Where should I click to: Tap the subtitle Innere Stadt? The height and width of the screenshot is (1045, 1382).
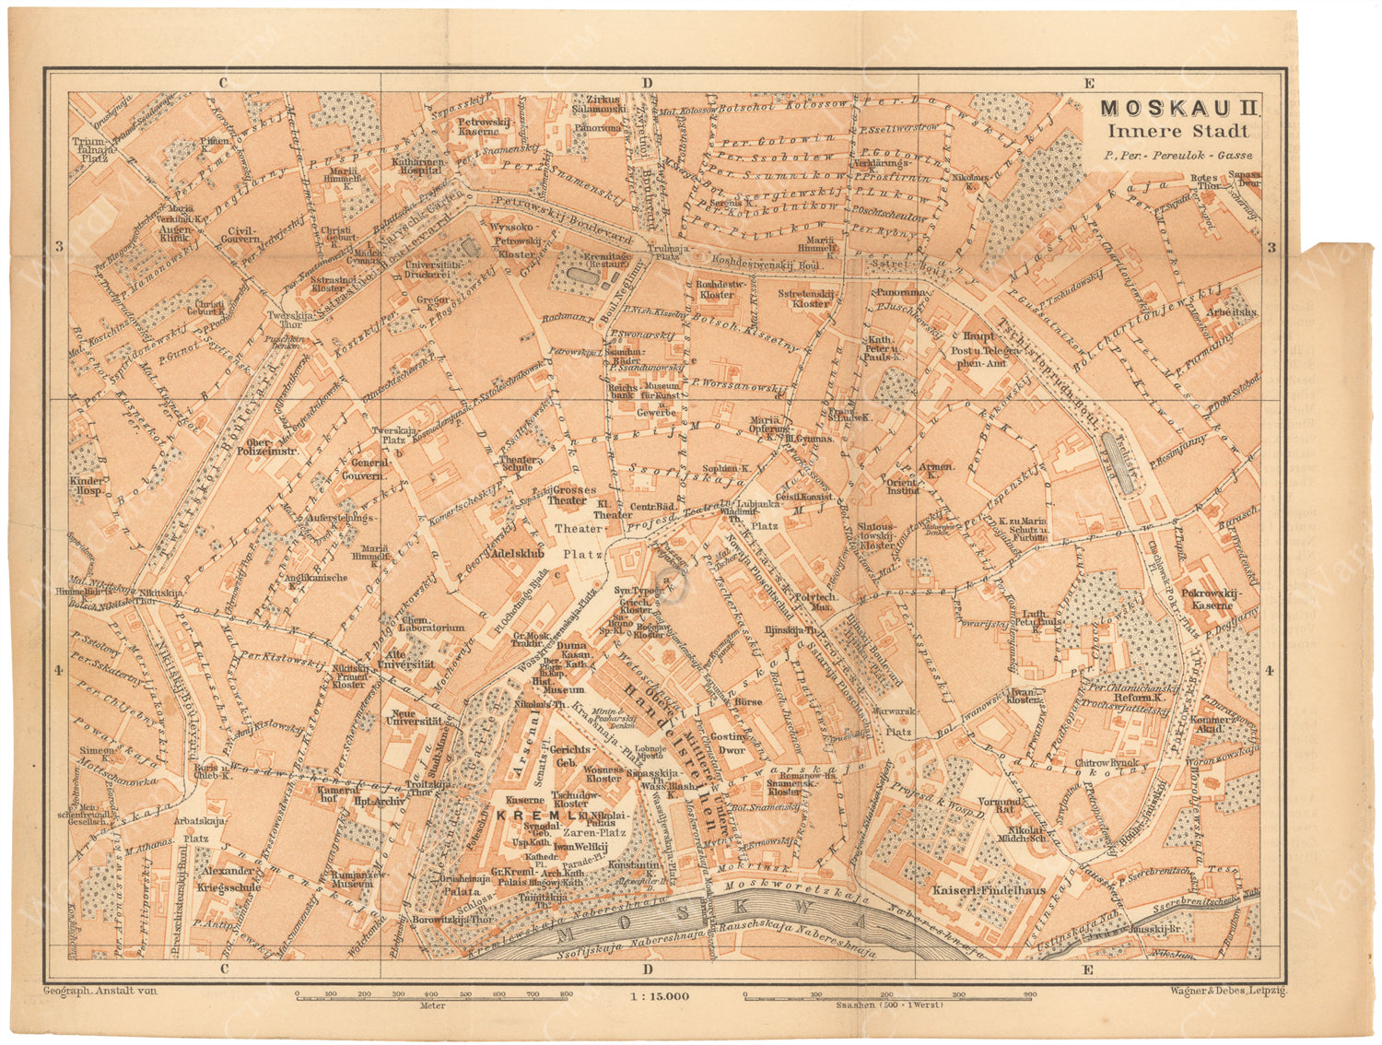point(1177,132)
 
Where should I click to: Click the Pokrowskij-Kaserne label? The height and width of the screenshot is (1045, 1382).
point(1207,600)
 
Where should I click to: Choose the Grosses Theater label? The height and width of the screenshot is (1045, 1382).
point(574,495)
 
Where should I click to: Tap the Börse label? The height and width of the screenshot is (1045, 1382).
point(749,702)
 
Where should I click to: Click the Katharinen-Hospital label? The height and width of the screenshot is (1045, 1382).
point(418,165)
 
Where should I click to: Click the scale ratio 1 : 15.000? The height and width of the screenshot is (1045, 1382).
point(658,996)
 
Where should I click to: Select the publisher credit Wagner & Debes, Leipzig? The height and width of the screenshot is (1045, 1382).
point(1227,991)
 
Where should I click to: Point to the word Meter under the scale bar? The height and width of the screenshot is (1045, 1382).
point(432,1005)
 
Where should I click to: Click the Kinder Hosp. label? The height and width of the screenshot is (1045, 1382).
point(86,486)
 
